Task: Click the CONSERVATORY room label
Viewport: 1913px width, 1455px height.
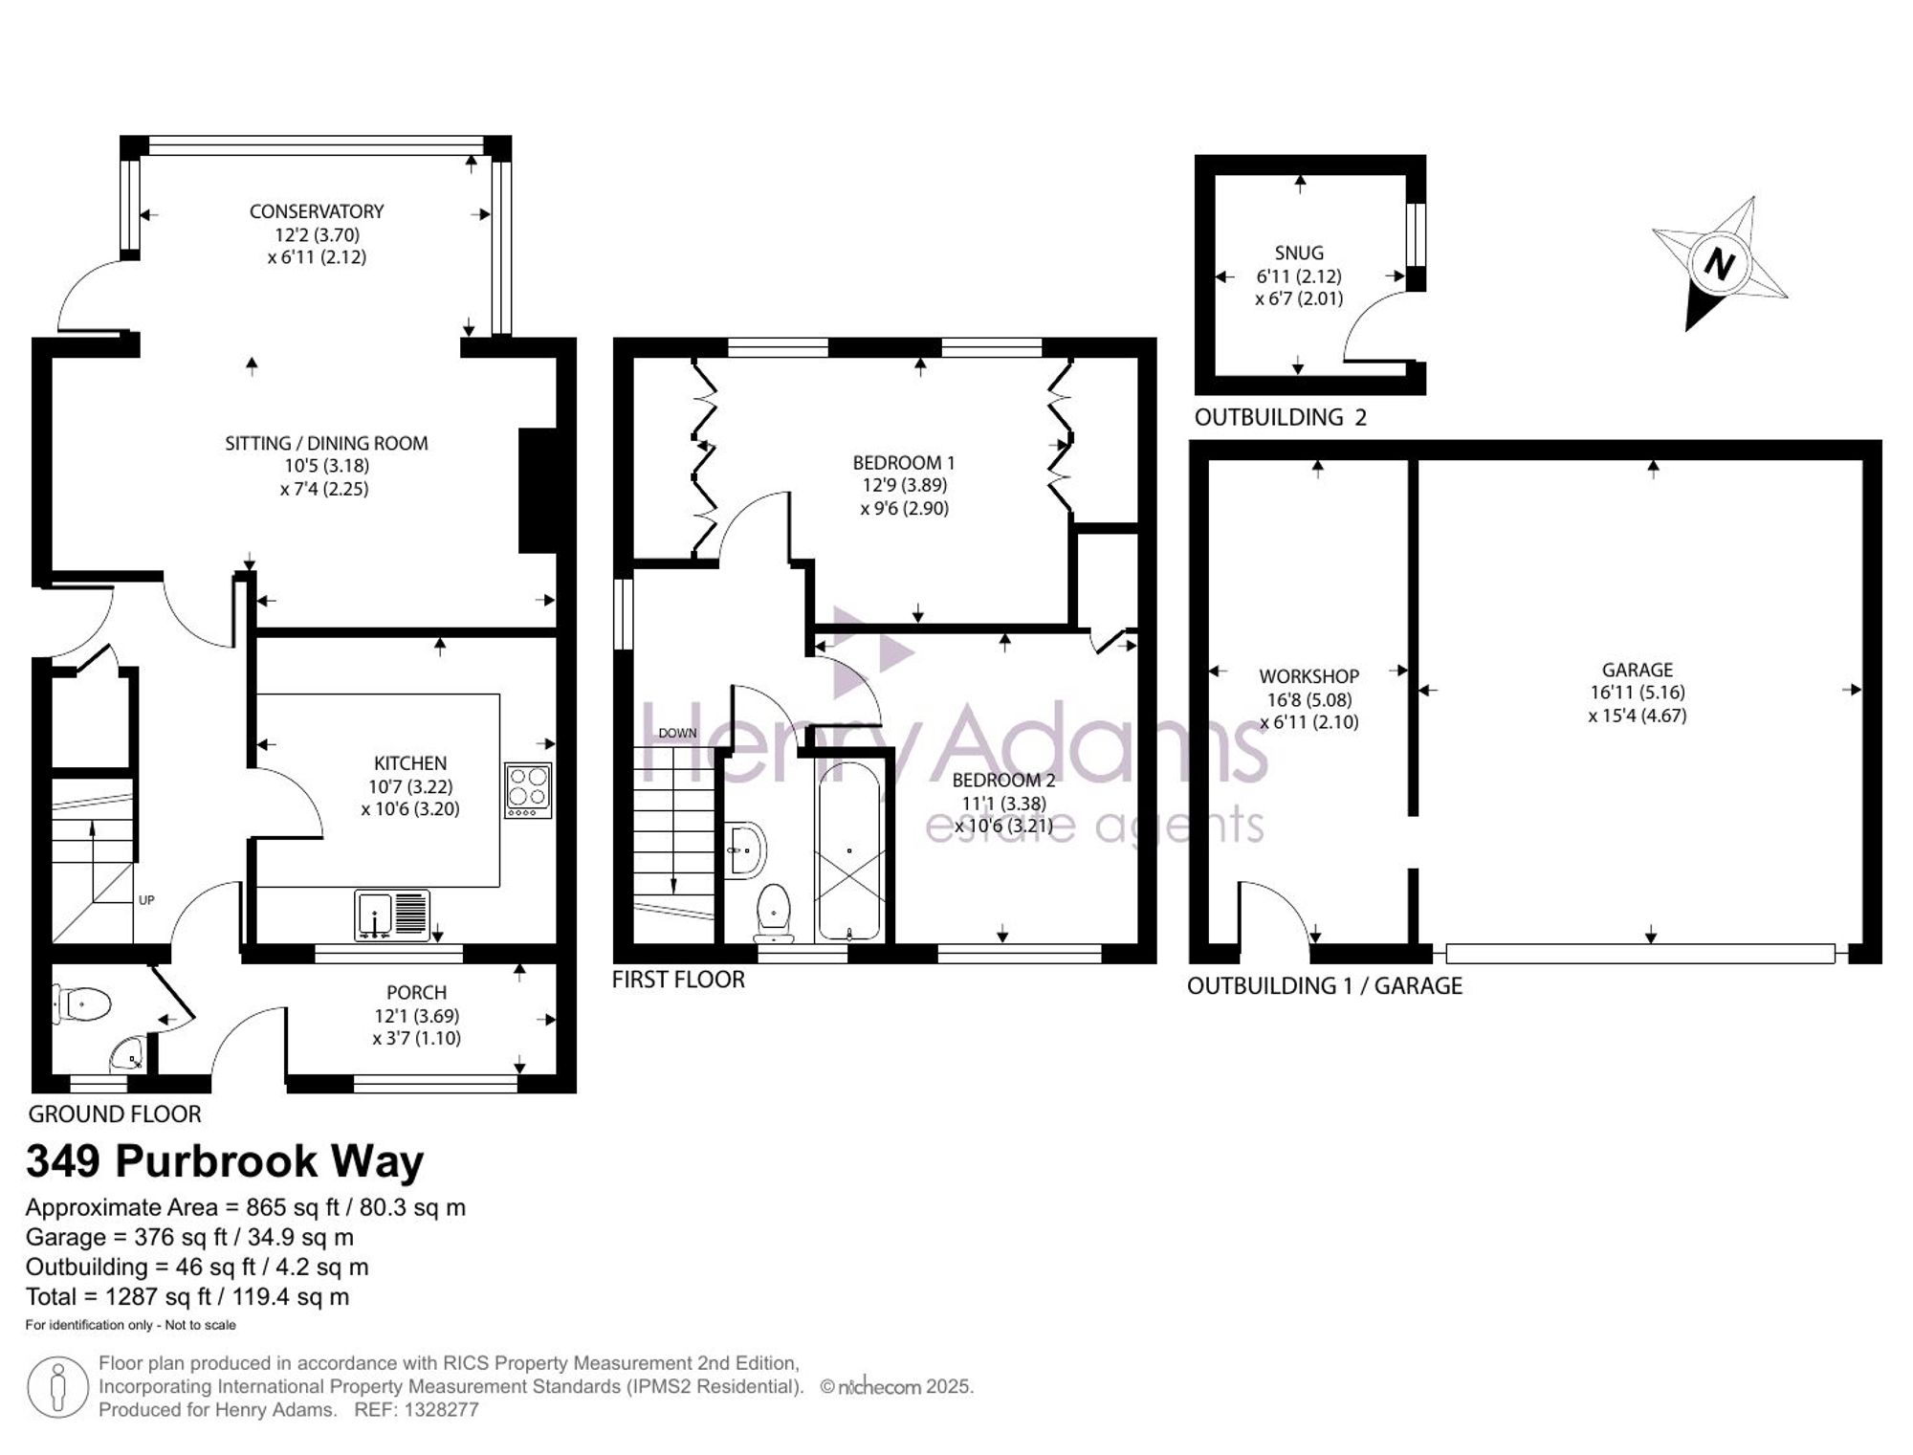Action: pyautogui.click(x=317, y=211)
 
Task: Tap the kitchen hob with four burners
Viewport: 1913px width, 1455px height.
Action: pyautogui.click(x=528, y=790)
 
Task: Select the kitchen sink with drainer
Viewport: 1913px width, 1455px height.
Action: pyautogui.click(x=392, y=914)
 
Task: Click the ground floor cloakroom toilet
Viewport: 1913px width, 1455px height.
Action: pyautogui.click(x=82, y=1004)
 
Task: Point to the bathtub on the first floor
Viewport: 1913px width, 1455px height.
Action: pyautogui.click(x=848, y=851)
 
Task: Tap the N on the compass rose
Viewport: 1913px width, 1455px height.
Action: pyautogui.click(x=1720, y=263)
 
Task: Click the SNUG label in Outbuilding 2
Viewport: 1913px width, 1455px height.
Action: pyautogui.click(x=1299, y=254)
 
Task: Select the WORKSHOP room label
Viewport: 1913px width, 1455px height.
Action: pyautogui.click(x=1308, y=676)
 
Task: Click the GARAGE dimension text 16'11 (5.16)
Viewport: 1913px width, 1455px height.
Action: pyautogui.click(x=1638, y=693)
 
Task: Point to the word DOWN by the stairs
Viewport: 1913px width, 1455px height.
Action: pyautogui.click(x=677, y=734)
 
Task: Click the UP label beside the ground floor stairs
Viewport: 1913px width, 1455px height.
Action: pyautogui.click(x=146, y=900)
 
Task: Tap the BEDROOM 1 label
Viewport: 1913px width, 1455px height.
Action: pyautogui.click(x=904, y=463)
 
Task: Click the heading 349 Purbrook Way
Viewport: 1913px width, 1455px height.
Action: pyautogui.click(x=225, y=1161)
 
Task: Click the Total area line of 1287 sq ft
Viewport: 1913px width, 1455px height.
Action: pyautogui.click(x=187, y=1297)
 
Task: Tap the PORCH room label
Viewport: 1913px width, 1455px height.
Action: pyautogui.click(x=416, y=993)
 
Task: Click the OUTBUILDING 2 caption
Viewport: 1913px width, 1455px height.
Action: pyautogui.click(x=1281, y=417)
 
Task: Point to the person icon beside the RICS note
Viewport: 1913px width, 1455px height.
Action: pyautogui.click(x=58, y=1387)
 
